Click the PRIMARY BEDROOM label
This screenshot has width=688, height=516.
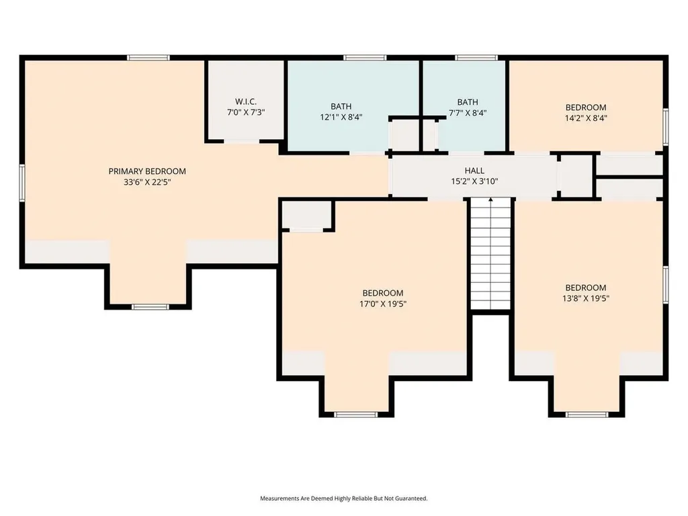[x=147, y=171]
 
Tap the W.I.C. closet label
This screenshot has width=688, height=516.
[x=246, y=102]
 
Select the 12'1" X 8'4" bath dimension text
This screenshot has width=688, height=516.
[x=341, y=117]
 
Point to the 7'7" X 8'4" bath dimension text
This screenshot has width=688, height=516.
[x=468, y=113]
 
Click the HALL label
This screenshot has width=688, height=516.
[x=474, y=170]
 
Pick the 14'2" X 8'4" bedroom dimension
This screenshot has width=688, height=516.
[x=586, y=118]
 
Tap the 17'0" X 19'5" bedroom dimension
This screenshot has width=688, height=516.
[x=382, y=304]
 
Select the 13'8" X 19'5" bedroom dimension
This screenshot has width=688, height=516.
[x=586, y=298]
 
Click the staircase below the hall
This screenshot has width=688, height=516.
[x=491, y=254]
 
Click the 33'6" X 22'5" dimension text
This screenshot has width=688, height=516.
[x=147, y=182]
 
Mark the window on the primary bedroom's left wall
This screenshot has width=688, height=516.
[x=22, y=183]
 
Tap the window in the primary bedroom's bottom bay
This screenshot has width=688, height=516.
[x=150, y=306]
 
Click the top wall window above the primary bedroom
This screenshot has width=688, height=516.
[x=148, y=58]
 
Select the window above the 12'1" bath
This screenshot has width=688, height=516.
[x=365, y=58]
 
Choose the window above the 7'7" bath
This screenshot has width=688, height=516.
[x=476, y=58]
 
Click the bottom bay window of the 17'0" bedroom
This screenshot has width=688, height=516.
[x=356, y=415]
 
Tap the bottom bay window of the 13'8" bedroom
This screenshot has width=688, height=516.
[x=587, y=415]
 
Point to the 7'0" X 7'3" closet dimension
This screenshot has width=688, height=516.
[x=246, y=112]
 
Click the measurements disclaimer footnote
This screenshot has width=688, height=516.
[x=343, y=499]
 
